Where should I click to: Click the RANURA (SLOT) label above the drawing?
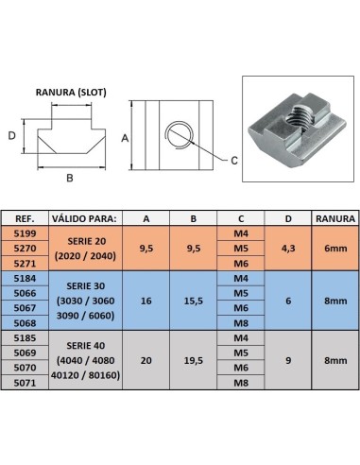point(71,93)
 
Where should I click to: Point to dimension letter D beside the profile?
point(11,136)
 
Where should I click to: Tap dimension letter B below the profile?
point(70,178)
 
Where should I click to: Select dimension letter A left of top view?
point(125,138)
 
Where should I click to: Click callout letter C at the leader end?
point(234,161)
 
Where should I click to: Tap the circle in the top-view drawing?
point(180,134)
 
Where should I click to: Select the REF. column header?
point(25,218)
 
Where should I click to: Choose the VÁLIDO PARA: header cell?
point(85,218)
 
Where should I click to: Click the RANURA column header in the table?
point(335,218)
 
